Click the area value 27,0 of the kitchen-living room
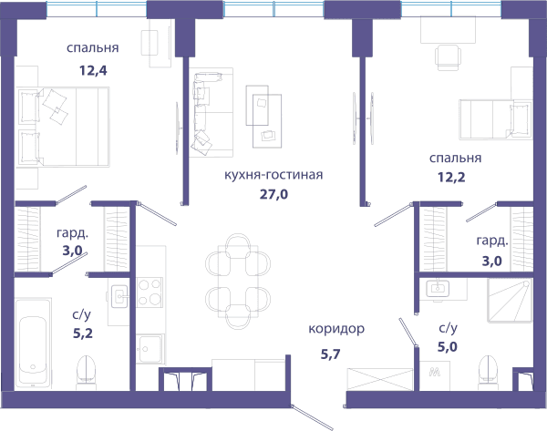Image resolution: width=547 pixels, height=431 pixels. (x=273, y=194)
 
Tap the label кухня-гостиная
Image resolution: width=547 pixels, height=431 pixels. (x=273, y=175)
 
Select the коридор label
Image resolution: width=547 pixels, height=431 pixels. (x=336, y=329)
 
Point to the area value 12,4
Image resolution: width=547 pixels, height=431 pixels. (x=93, y=70)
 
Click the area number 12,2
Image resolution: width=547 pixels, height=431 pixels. (x=451, y=177)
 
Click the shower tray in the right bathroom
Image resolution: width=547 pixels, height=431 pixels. (x=510, y=300)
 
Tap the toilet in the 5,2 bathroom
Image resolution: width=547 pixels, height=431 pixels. (x=87, y=372)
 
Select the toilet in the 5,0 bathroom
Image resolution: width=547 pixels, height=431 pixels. (x=488, y=372)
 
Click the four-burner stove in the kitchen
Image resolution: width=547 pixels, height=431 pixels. (x=150, y=292)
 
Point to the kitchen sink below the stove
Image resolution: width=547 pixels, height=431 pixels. (x=150, y=349)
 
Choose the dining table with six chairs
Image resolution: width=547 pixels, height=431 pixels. (x=238, y=282)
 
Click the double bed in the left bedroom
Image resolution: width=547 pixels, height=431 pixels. (x=63, y=127)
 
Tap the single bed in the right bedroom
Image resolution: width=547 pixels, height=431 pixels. (x=496, y=119)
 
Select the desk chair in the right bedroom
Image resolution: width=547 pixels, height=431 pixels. (x=448, y=57)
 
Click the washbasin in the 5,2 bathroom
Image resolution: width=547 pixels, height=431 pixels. (x=119, y=297)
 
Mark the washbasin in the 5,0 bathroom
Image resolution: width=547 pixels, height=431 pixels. (x=437, y=288)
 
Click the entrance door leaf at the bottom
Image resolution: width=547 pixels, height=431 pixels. (x=312, y=417)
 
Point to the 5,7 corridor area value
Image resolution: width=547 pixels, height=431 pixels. (x=330, y=354)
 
